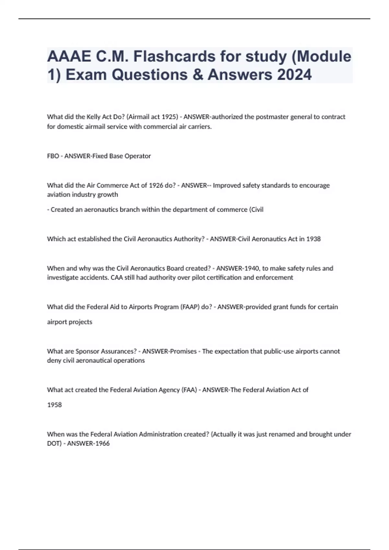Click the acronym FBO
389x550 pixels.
53,156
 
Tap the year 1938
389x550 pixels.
313,239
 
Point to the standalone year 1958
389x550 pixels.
54,405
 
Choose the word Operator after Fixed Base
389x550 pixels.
138,156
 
